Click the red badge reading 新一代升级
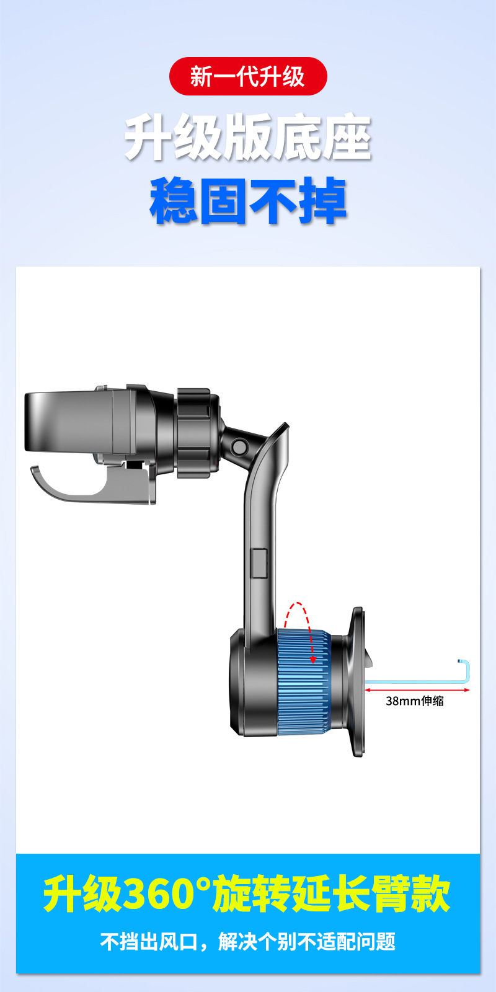(248, 76)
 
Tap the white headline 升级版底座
(247, 137)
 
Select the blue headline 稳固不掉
(248, 201)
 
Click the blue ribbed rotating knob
(304, 683)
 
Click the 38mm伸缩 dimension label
(415, 701)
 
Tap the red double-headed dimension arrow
(417, 689)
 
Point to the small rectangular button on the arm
(260, 563)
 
